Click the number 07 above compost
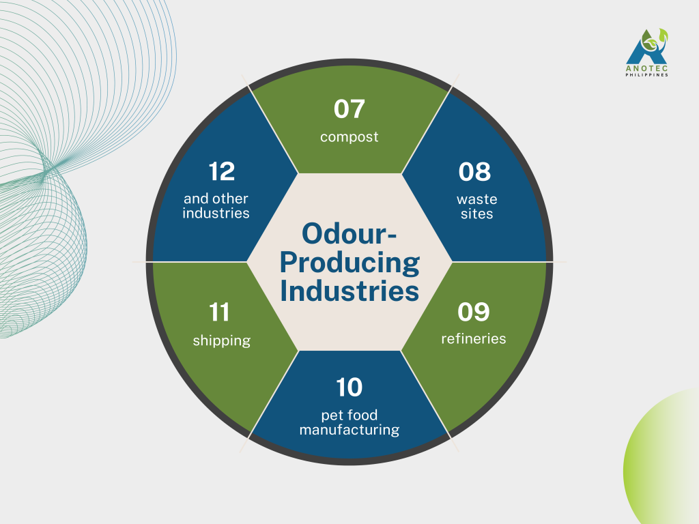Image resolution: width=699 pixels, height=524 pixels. [x=349, y=108]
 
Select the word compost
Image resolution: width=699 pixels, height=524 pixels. [x=349, y=136]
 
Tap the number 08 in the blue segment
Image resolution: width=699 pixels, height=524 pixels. [x=474, y=171]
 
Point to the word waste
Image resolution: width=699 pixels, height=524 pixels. [x=477, y=199]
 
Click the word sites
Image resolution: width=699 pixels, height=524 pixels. [x=477, y=214]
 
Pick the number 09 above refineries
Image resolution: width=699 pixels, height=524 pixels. [x=474, y=312]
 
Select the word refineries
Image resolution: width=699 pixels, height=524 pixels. [x=474, y=338]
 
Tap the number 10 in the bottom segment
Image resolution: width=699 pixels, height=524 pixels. [x=349, y=388]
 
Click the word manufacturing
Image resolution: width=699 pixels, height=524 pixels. [x=349, y=430]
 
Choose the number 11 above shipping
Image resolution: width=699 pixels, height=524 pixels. [x=219, y=312]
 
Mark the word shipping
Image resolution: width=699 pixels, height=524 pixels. [x=222, y=341]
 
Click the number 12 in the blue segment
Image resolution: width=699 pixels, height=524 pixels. [x=222, y=171]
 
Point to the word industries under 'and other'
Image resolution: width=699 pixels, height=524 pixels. [x=216, y=213]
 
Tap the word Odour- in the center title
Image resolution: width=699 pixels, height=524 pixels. [x=349, y=233]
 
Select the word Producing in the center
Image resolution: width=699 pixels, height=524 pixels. [x=350, y=263]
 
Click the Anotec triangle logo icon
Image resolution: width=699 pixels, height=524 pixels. [x=647, y=46]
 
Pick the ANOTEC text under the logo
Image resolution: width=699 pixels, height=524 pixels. [x=647, y=69]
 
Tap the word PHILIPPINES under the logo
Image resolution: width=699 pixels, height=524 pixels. [x=647, y=75]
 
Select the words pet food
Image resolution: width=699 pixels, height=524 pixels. [x=349, y=416]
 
